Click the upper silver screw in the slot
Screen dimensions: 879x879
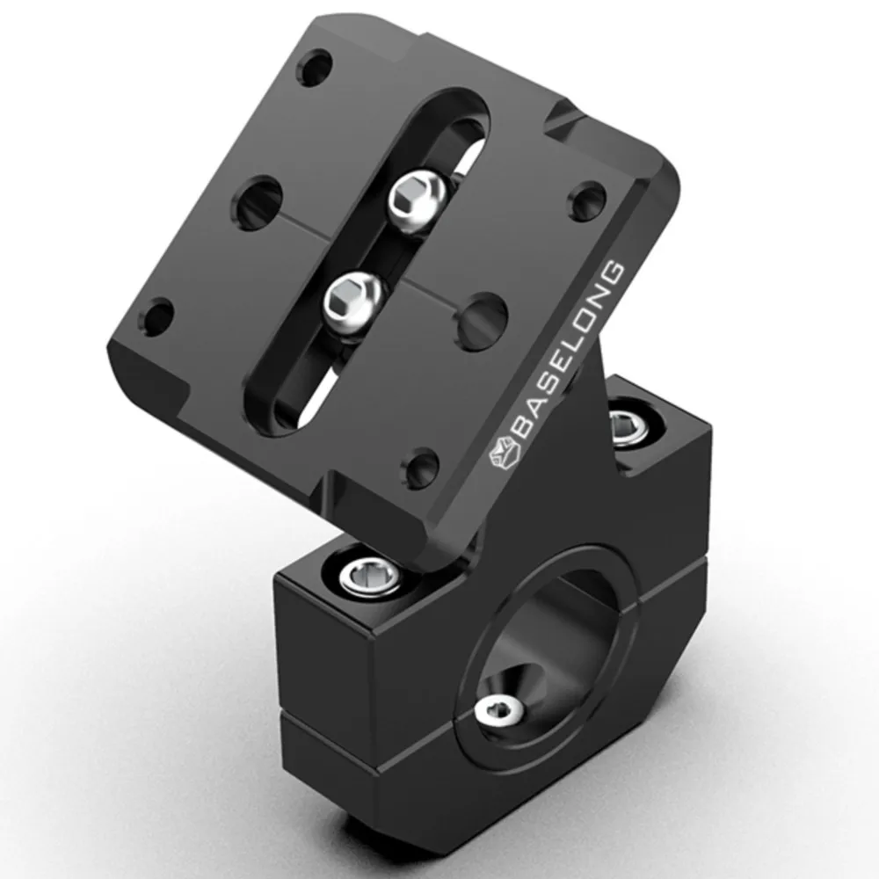pyautogui.click(x=417, y=201)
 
